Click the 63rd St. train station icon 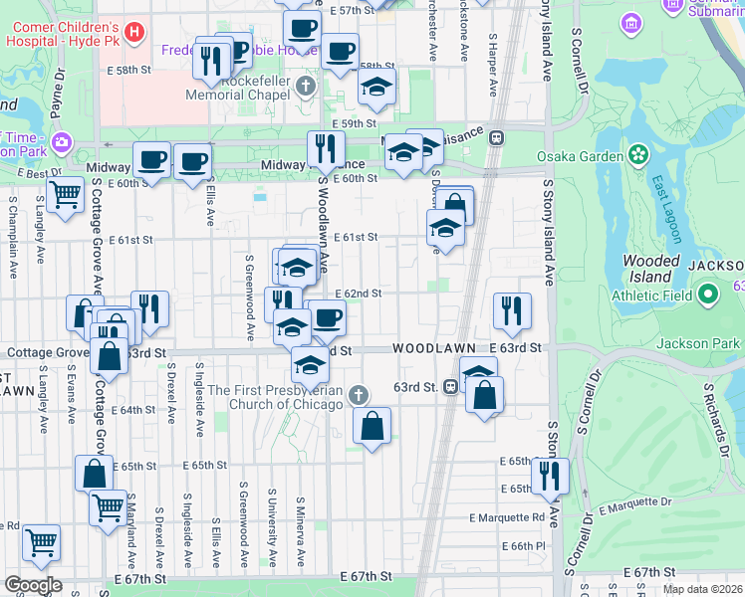point(451,387)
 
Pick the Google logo point(32,585)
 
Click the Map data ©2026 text point(703,589)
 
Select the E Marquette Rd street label point(507,517)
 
